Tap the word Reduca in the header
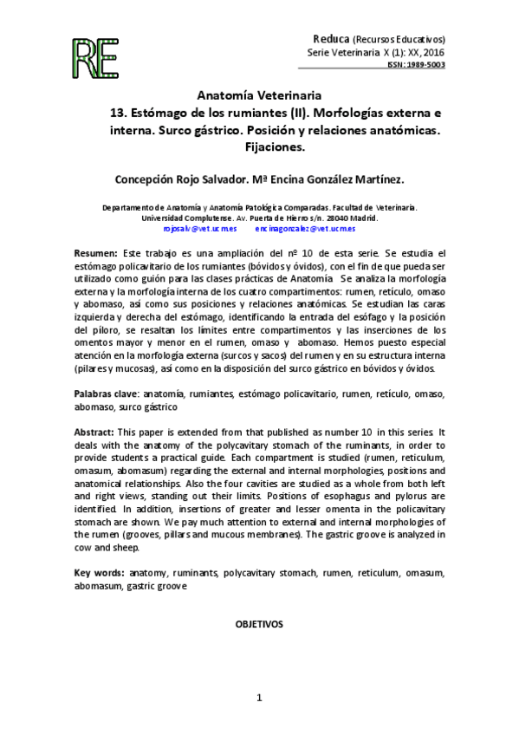(x=330, y=39)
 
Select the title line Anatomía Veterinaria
(x=259, y=94)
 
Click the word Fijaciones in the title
(x=259, y=148)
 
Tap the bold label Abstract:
(x=94, y=432)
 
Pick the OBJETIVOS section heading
(x=259, y=623)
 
